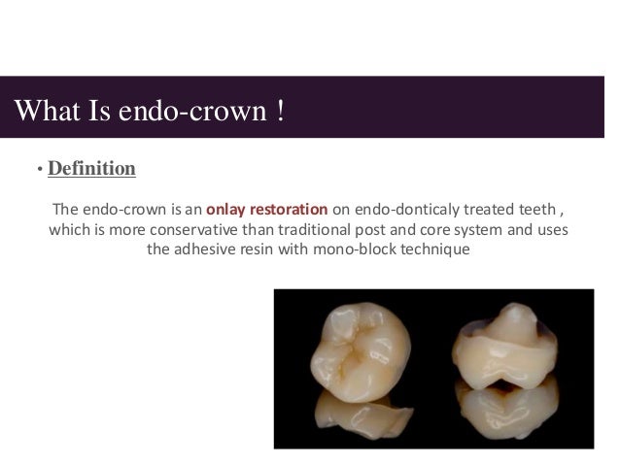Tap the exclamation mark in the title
(280, 108)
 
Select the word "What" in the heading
(45, 108)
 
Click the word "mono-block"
(345, 251)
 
